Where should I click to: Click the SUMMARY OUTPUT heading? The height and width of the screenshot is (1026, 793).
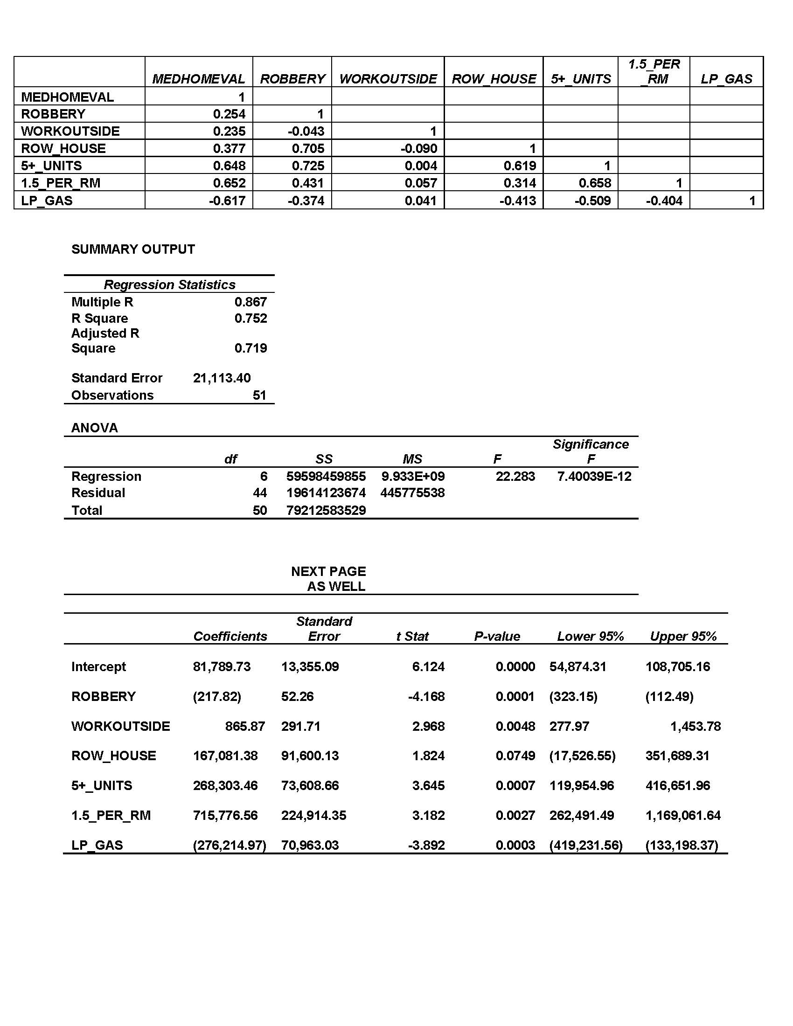click(x=133, y=250)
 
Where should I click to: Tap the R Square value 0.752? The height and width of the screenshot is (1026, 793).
click(x=250, y=319)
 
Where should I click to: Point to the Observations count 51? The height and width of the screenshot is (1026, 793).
click(x=259, y=395)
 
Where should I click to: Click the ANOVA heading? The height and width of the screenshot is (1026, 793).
click(x=94, y=428)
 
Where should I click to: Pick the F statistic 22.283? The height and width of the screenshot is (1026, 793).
click(x=515, y=476)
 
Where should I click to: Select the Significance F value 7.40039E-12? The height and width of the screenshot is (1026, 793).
click(x=594, y=476)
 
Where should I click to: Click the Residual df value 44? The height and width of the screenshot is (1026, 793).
click(x=260, y=493)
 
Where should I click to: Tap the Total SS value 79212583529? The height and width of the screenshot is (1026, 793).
click(x=326, y=510)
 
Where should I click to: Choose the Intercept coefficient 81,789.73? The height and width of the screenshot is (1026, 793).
click(x=222, y=666)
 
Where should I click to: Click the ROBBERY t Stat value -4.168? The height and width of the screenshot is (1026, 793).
click(x=426, y=696)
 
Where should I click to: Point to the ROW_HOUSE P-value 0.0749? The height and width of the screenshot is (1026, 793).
click(x=515, y=756)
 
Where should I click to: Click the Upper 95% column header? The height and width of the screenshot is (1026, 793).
click(x=683, y=636)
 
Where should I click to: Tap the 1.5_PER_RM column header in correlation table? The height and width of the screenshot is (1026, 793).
click(x=654, y=71)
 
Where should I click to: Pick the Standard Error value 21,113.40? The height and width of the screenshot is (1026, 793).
click(x=222, y=378)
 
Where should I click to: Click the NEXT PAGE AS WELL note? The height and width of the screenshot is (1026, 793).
click(x=329, y=579)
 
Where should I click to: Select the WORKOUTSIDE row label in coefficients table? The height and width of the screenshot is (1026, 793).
click(x=121, y=726)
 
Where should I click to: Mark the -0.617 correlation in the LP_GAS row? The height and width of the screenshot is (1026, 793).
click(x=227, y=201)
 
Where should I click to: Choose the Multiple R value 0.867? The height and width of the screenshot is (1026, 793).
click(x=250, y=302)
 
